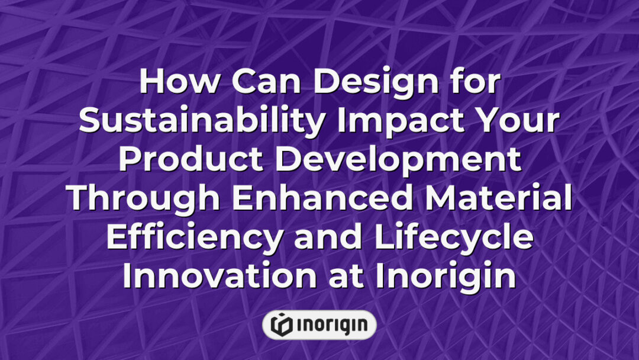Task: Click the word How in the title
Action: [x=175, y=83]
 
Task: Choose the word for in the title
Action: [x=472, y=83]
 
